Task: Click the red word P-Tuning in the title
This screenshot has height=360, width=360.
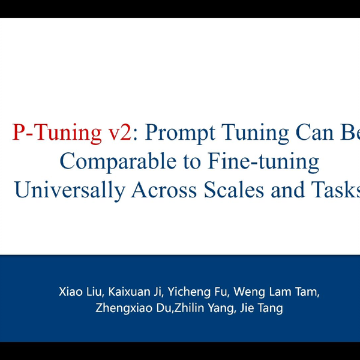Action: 57,133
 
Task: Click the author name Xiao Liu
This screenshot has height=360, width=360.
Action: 82,293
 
